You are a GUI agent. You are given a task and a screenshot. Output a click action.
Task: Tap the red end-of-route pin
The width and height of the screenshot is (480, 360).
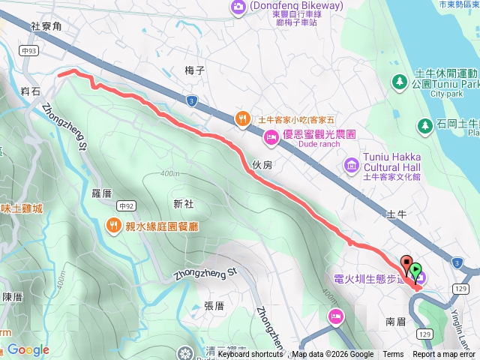point(407,265)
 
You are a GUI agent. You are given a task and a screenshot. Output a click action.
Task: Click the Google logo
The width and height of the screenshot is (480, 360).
point(28,349)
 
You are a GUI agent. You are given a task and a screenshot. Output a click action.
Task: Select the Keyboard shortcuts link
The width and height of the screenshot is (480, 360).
point(250,355)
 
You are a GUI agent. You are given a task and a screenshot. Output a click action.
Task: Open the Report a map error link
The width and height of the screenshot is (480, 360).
point(445,355)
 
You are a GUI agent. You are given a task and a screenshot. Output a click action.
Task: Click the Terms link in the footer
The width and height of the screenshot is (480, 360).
point(393,355)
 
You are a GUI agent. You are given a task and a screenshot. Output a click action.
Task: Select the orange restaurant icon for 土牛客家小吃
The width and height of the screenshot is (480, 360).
point(242,118)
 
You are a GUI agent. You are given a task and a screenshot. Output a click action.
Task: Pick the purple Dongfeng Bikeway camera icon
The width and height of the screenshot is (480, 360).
point(239,7)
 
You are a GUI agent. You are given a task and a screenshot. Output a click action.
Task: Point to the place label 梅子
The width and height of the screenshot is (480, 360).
point(194,70)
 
